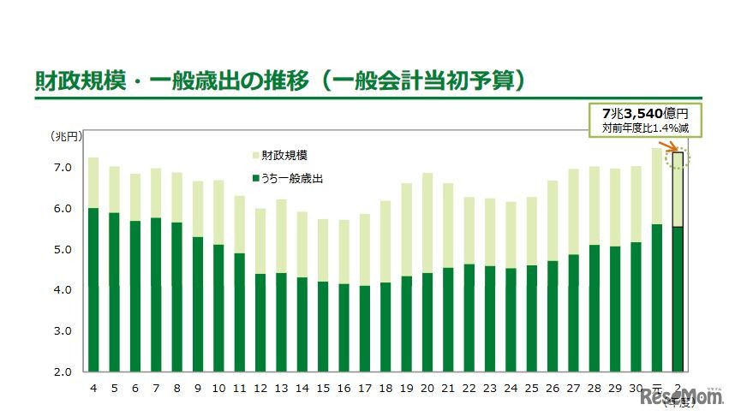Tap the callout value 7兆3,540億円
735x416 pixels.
tap(645, 114)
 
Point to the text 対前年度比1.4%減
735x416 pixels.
tap(645, 128)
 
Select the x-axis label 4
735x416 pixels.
tap(93, 388)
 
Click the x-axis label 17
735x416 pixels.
tap(365, 388)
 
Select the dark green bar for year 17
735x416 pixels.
tap(365, 329)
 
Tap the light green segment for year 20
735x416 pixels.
tap(427, 223)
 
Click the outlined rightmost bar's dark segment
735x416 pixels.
tap(678, 300)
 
